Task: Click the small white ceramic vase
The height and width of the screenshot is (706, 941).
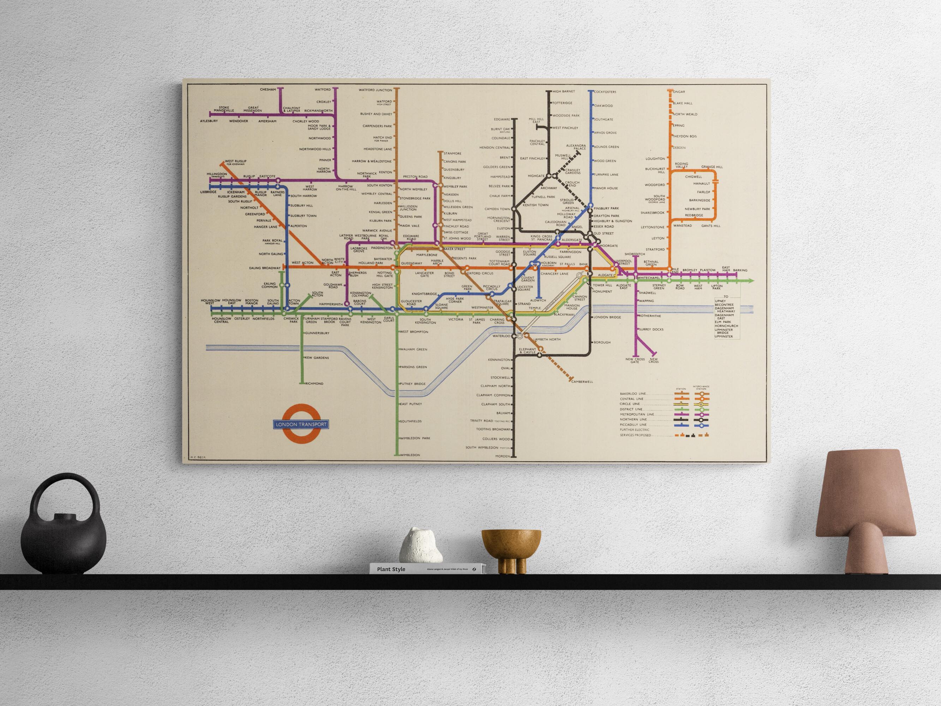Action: coord(420,546)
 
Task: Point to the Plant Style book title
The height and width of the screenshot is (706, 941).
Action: coord(391,569)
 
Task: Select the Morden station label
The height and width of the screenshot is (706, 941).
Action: coord(502,456)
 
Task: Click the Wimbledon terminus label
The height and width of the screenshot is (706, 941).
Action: coord(410,455)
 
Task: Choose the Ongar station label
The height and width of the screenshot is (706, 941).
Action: coord(679,92)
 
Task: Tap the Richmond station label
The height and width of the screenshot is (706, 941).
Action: coord(314,383)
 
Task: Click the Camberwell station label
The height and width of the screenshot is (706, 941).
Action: coord(582,382)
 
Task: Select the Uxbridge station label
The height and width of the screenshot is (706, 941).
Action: coord(209,192)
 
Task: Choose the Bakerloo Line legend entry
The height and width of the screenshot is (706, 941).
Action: coord(633,394)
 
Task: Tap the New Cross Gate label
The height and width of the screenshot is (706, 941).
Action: coord(635,360)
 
